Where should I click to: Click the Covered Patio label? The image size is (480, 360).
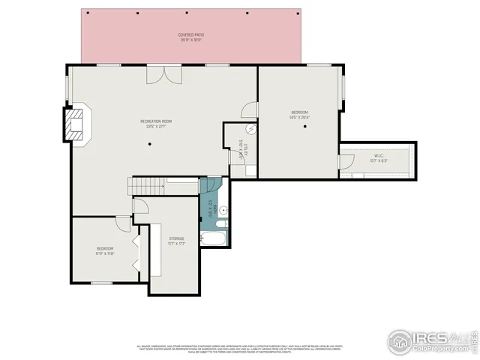(191, 37)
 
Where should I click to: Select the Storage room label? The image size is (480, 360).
(176, 240)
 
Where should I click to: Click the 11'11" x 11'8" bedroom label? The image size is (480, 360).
(105, 250)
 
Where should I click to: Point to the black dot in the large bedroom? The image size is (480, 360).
(306, 127)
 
